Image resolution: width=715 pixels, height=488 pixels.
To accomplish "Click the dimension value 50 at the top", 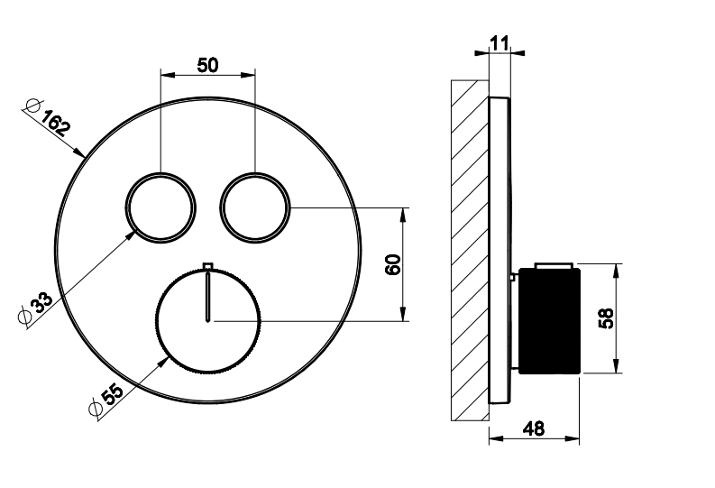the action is click(207, 65).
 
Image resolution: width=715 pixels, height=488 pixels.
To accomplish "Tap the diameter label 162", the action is click(56, 123).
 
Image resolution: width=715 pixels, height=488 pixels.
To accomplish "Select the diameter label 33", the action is click(41, 302).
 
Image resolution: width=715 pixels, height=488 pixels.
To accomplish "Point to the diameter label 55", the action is click(112, 394).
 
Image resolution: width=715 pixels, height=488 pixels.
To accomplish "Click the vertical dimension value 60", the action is click(392, 264).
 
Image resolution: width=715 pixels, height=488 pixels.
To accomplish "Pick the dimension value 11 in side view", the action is click(500, 44).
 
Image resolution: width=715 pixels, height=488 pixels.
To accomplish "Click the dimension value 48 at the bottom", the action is click(534, 428).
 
